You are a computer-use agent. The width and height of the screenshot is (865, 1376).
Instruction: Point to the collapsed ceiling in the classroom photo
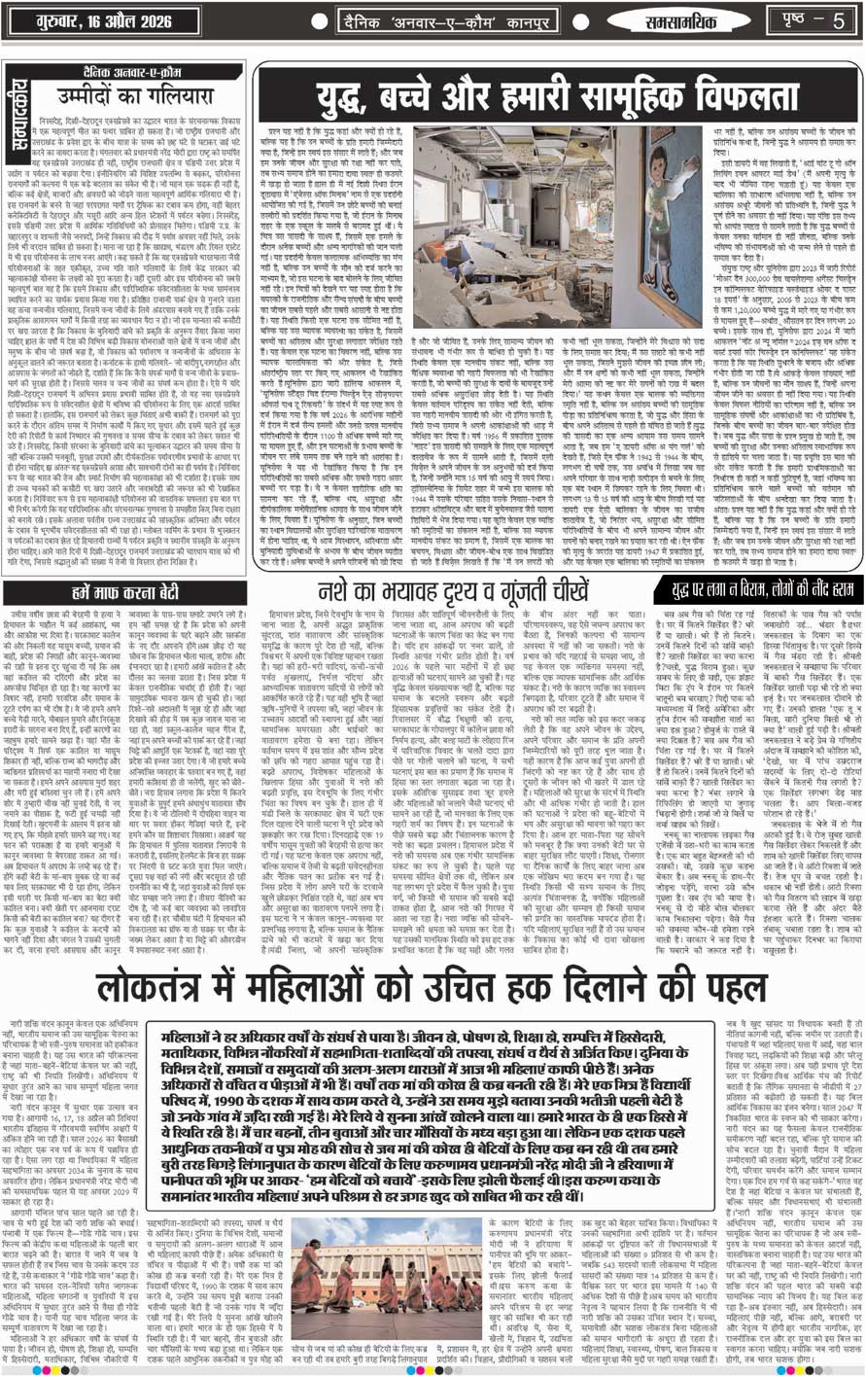click(486, 156)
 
